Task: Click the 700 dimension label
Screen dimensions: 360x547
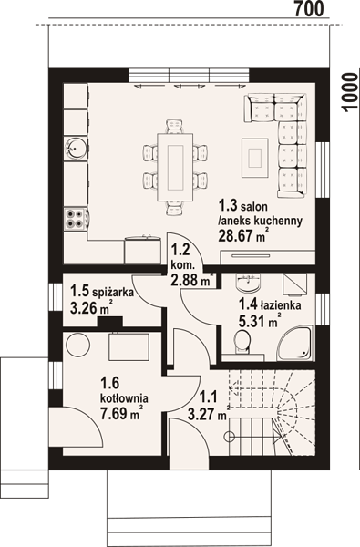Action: point(309,9)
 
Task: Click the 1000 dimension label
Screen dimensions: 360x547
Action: point(350,93)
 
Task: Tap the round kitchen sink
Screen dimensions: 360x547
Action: point(75,148)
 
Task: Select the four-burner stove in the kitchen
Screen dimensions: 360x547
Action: point(75,219)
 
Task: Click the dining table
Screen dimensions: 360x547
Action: point(175,168)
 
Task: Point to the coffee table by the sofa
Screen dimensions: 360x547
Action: point(255,158)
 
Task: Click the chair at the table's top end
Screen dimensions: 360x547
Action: point(174,127)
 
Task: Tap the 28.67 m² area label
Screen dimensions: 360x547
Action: point(243,235)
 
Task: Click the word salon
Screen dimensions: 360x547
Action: point(254,206)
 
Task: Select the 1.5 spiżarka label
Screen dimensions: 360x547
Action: point(102,291)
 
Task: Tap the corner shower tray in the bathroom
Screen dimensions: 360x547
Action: point(295,344)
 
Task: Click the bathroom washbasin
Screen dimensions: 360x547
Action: point(248,283)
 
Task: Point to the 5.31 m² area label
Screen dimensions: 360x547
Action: point(260,321)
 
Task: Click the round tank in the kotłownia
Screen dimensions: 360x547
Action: point(78,345)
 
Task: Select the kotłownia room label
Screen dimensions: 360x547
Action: point(124,397)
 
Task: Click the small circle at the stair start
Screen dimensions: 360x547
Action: point(229,436)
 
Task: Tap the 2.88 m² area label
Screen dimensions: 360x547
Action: point(192,280)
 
